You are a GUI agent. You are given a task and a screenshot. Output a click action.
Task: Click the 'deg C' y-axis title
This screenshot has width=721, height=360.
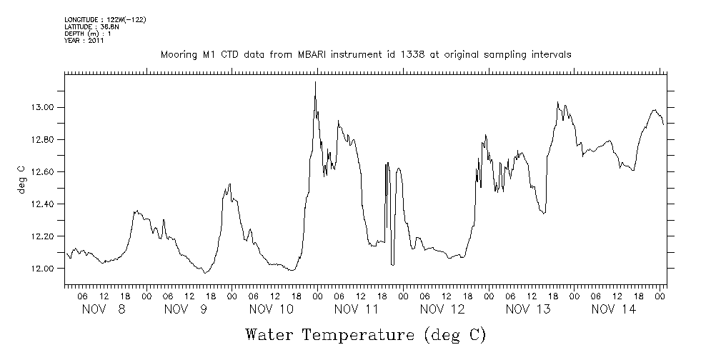pyautogui.click(x=21, y=179)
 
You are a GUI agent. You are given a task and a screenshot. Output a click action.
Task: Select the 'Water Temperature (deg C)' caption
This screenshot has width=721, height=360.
pyautogui.click(x=365, y=334)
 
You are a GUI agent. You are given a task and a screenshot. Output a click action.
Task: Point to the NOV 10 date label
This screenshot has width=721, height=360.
pyautogui.click(x=272, y=309)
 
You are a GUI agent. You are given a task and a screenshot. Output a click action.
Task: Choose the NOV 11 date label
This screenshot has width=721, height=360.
pyautogui.click(x=357, y=309)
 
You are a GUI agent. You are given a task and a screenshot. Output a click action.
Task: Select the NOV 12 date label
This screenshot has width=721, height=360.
pyautogui.click(x=442, y=309)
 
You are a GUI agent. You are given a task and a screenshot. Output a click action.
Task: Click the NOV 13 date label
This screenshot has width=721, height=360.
pyautogui.click(x=528, y=309)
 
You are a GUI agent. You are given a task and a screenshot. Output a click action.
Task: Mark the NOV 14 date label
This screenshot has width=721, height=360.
pyautogui.click(x=614, y=309)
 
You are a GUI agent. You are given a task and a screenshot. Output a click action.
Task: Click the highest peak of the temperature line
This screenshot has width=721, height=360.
pyautogui.click(x=315, y=82)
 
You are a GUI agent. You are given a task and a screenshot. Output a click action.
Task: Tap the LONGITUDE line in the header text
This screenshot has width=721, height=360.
pyautogui.click(x=105, y=19)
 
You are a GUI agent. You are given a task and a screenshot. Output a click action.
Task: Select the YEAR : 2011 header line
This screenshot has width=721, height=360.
pyautogui.click(x=84, y=41)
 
